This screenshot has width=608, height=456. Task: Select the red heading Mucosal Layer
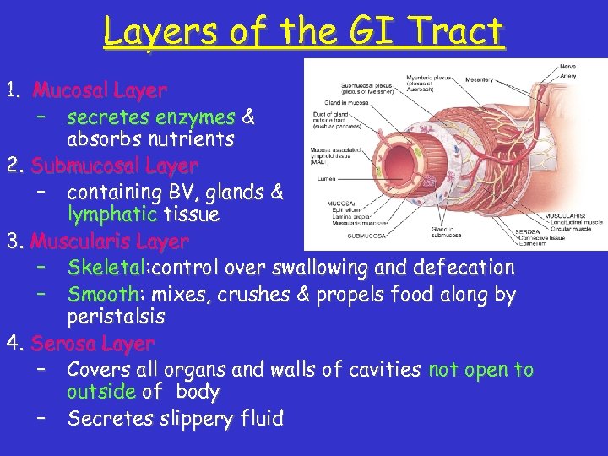[x=100, y=90]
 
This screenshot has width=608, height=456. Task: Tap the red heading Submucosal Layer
[x=114, y=166]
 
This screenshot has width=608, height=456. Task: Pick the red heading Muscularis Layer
[x=110, y=242]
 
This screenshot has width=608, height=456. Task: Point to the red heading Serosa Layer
[x=93, y=344]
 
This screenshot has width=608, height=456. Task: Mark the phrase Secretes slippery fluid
[x=176, y=418]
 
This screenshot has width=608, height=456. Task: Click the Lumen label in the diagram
[x=325, y=178]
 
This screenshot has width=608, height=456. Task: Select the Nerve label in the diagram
[x=569, y=65]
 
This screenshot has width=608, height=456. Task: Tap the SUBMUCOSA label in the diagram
[x=366, y=236]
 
